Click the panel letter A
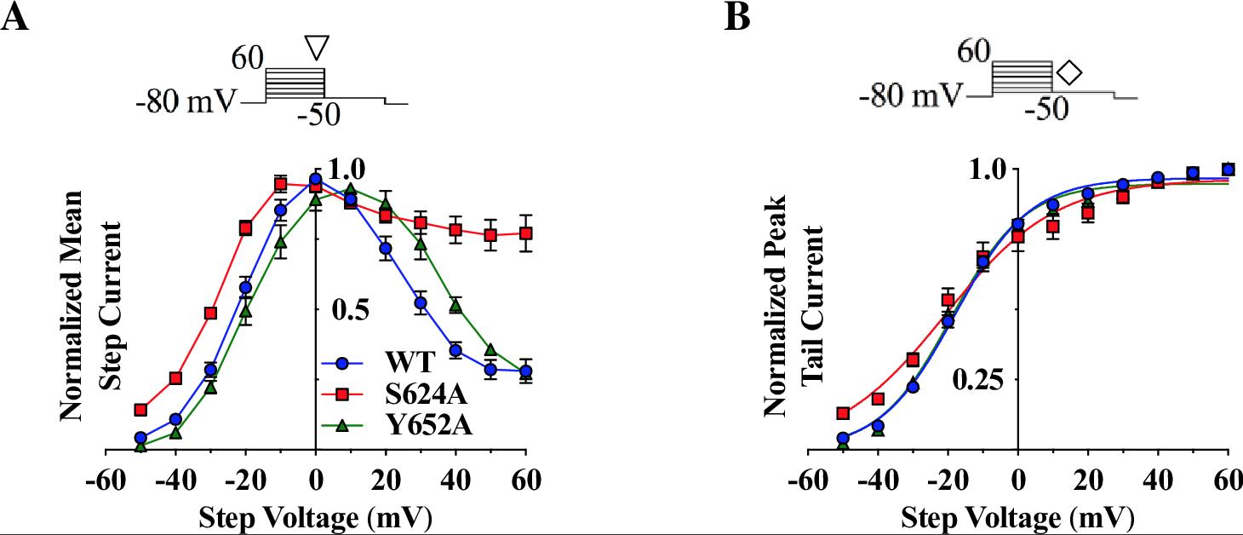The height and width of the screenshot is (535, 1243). coord(14,17)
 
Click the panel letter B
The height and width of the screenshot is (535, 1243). coord(737,17)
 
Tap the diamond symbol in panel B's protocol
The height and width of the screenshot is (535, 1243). coord(1068,72)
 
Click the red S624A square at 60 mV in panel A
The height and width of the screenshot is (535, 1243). coord(525,233)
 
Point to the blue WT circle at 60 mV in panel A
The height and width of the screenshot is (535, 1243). coord(525,371)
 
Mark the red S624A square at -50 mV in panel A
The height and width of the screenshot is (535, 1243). coord(140,410)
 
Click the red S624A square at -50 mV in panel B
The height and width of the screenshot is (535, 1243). coord(843,413)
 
